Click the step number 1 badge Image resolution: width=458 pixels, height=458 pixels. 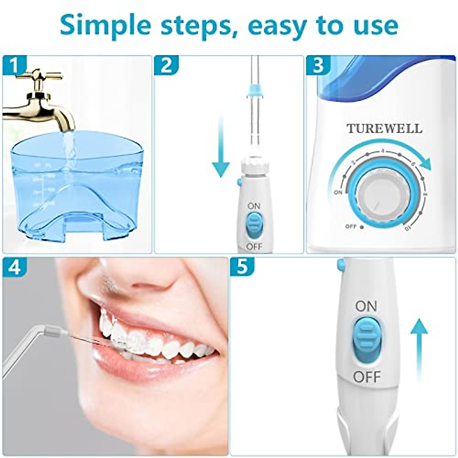pos(14,66)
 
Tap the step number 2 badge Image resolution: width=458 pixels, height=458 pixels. pos(166,66)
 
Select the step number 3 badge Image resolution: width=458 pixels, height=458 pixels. pos(318,66)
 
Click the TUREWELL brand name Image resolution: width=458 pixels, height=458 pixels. pos(385,129)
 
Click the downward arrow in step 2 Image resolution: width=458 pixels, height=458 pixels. pos(221,149)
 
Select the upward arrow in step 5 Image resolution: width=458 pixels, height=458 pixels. pos(419,343)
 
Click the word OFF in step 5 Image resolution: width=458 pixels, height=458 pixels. pos(367,377)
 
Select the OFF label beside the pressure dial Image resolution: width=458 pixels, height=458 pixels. pos(351,226)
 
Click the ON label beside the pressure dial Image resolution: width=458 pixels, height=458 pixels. pos(338,193)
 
